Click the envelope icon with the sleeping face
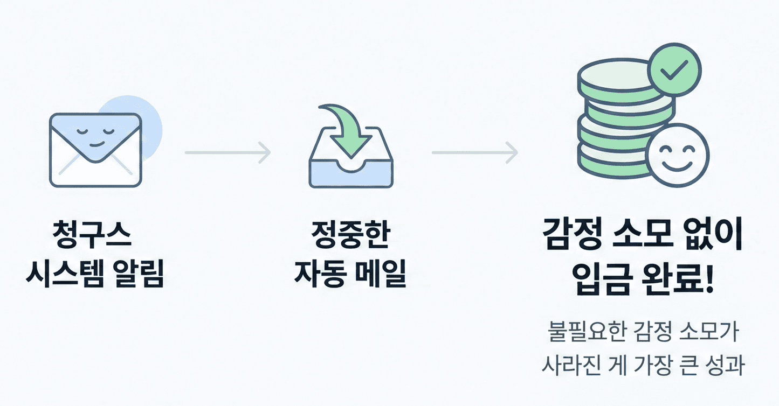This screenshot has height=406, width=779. tap(95, 150)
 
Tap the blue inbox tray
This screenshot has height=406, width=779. tap(351, 171)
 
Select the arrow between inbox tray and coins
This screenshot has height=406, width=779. tap(474, 152)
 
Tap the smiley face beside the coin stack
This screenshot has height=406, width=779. tap(678, 156)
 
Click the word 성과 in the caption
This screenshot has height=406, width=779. tap(725, 365)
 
